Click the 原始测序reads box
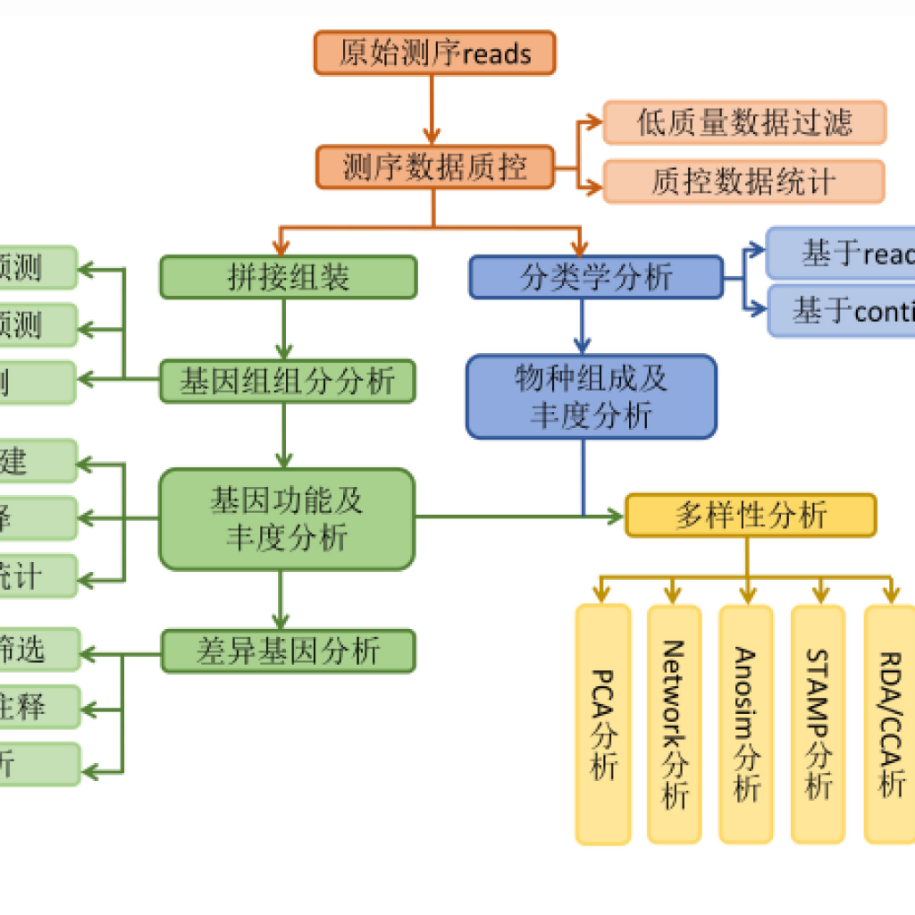click(434, 53)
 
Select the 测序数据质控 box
click(434, 167)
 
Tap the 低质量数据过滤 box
click(744, 122)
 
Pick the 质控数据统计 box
click(744, 181)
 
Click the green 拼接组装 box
click(288, 277)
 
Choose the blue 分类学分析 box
click(596, 277)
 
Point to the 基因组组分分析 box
click(288, 382)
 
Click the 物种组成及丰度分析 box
click(591, 397)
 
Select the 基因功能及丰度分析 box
click(287, 519)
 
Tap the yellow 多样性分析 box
click(751, 515)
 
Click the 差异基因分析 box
click(288, 651)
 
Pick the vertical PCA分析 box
click(603, 725)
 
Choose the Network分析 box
click(675, 725)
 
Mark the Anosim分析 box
click(746, 725)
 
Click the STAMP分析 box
click(818, 725)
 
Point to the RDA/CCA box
click(890, 725)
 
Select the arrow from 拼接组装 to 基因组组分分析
click(284, 329)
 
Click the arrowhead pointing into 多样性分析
click(615, 516)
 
